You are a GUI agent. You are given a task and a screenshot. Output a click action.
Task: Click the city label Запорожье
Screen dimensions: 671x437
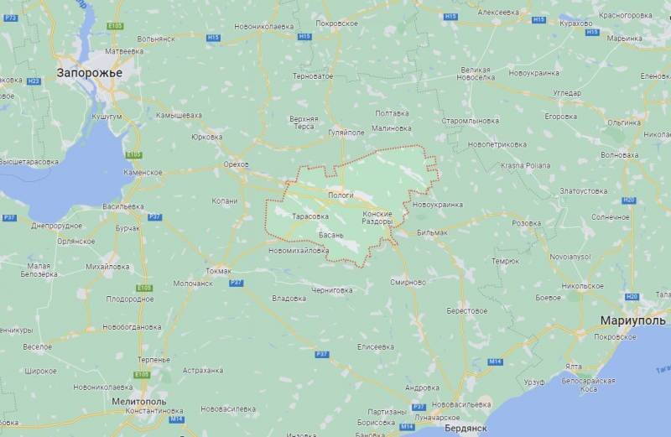pyautogui.click(x=90, y=73)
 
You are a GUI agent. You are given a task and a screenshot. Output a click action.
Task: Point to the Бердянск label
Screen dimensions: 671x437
pyautogui.click(x=469, y=428)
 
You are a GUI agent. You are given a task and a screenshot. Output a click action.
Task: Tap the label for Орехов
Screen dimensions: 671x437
pyautogui.click(x=237, y=164)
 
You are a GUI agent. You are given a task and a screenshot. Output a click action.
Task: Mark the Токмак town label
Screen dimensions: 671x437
pyautogui.click(x=218, y=271)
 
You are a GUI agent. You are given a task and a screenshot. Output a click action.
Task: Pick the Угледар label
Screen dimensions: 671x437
pyautogui.click(x=567, y=93)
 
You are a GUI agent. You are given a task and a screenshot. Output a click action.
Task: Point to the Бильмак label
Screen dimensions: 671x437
pyautogui.click(x=433, y=231)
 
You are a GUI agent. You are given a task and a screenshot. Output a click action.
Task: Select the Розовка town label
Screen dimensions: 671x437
pyautogui.click(x=526, y=223)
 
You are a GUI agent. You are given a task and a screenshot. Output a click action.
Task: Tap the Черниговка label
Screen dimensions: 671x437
pyautogui.click(x=332, y=289)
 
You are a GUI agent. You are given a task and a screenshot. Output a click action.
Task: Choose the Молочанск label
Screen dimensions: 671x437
pyautogui.click(x=192, y=284)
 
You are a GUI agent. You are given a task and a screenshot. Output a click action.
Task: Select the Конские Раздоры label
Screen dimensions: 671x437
pyautogui.click(x=377, y=217)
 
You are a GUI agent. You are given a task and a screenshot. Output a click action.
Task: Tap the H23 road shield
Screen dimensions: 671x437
pyautogui.click(x=34, y=81)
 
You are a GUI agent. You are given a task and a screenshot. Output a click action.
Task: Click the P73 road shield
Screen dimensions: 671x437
pyautogui.click(x=11, y=17)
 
